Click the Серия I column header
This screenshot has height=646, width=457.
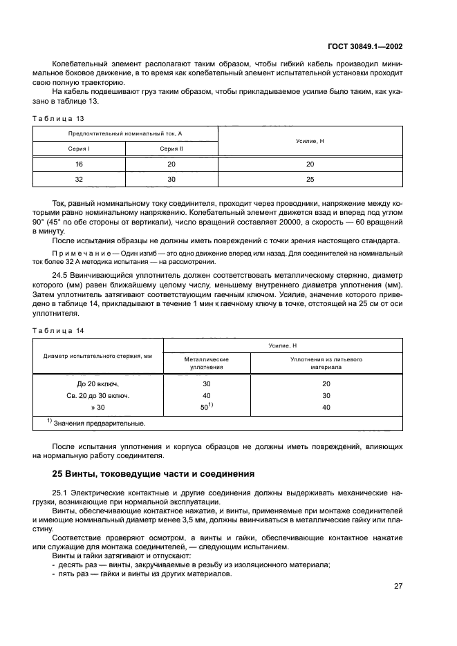pos(79,149)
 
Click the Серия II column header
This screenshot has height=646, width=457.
pos(171,149)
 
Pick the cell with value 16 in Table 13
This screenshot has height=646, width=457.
pos(79,164)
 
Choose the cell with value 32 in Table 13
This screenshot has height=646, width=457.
pos(79,180)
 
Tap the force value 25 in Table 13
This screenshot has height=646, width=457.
pos(310,180)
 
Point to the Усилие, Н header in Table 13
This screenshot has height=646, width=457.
pos(310,141)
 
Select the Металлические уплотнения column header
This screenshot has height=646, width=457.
pos(207,363)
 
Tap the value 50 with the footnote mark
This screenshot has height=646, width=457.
pos(207,407)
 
